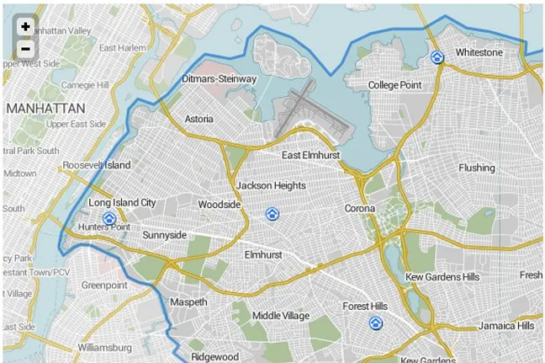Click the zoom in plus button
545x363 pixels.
(26, 27)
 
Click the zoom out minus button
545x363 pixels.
(26, 48)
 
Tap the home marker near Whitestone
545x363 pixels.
(437, 57)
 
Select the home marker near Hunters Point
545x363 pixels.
(108, 218)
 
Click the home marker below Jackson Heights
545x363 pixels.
(272, 214)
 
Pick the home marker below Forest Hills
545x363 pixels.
(375, 323)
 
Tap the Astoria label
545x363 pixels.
(198, 119)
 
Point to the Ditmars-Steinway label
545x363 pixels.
(219, 79)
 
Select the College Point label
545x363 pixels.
(394, 85)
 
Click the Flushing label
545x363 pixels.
(476, 168)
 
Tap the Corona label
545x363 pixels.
(360, 208)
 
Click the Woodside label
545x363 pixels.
(220, 204)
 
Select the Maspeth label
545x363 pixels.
(188, 302)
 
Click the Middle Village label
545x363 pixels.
(281, 315)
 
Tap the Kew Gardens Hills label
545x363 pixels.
(442, 276)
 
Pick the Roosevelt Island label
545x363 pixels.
(97, 165)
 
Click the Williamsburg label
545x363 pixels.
(104, 347)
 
